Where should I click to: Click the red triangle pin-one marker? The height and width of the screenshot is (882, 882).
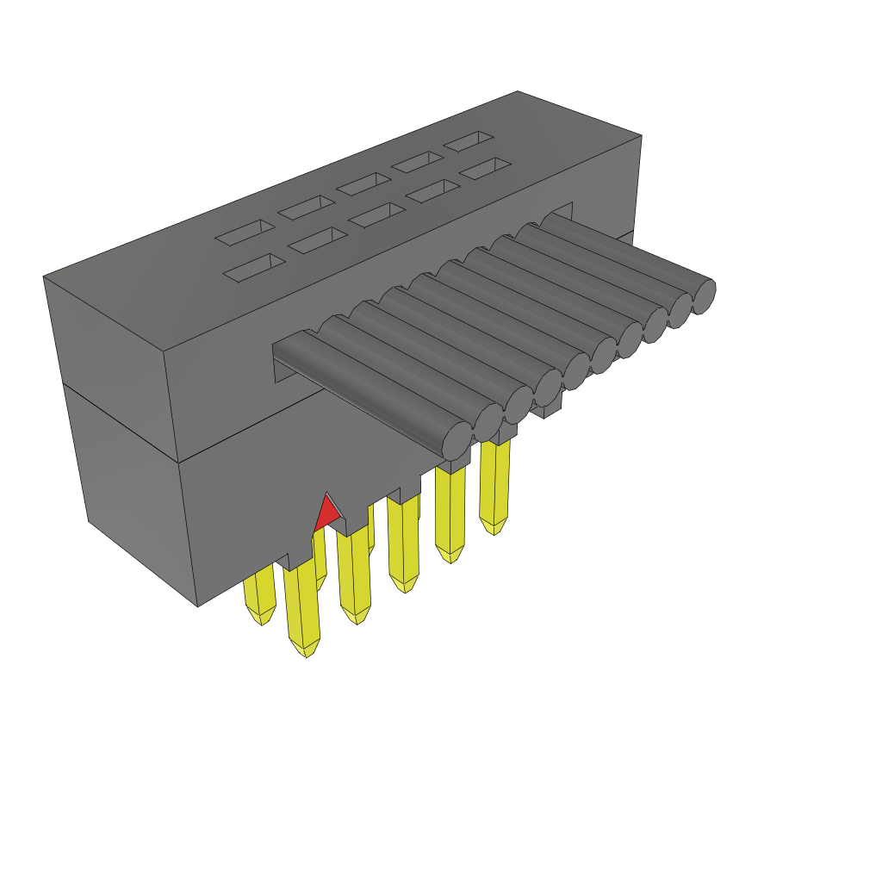[x=326, y=514]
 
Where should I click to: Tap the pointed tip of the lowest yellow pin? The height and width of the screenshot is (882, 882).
[x=305, y=653]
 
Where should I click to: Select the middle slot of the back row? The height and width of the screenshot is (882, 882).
[x=363, y=183]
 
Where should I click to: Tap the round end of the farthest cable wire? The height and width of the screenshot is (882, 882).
[x=703, y=295]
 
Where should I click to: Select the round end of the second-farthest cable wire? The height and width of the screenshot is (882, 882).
[x=680, y=310]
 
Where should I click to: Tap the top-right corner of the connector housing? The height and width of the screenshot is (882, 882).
[x=641, y=136]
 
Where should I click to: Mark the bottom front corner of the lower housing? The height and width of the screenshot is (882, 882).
[x=198, y=606]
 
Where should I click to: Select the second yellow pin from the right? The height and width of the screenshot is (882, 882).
[x=450, y=512]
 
